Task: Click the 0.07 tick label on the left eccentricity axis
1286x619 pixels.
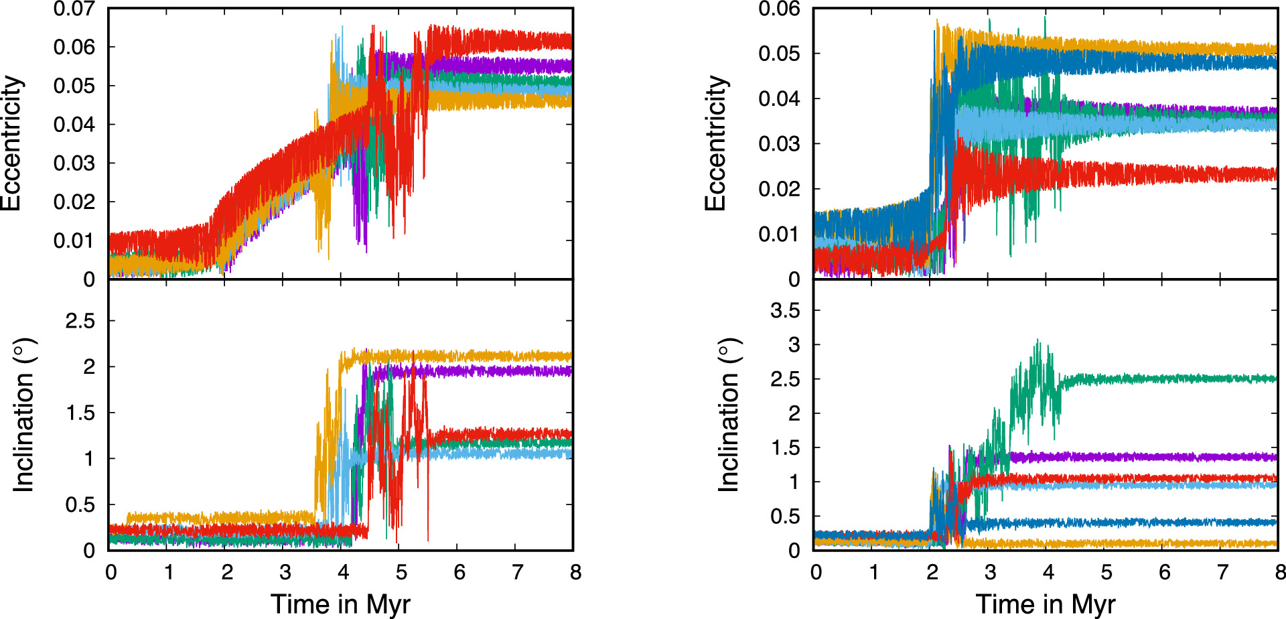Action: click(x=74, y=9)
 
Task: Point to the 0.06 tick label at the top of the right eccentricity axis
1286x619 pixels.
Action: click(x=779, y=9)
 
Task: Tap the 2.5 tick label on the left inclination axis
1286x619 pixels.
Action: click(x=80, y=321)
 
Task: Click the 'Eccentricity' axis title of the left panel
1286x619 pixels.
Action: click(x=11, y=143)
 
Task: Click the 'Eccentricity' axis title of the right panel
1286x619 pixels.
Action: click(x=716, y=143)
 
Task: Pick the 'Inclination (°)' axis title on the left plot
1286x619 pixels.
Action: click(x=23, y=415)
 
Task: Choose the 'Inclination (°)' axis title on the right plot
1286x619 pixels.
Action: click(x=728, y=415)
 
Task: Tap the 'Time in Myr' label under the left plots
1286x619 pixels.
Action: click(x=340, y=604)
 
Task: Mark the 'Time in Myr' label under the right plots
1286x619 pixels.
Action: click(x=1045, y=604)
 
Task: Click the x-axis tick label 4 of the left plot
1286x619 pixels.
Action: click(x=343, y=572)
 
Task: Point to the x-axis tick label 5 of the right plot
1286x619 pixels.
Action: click(x=1106, y=572)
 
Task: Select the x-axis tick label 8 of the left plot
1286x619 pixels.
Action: click(x=575, y=572)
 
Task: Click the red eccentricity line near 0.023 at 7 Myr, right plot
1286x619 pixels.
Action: click(x=1222, y=175)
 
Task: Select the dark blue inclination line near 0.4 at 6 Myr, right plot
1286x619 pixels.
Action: click(x=1164, y=522)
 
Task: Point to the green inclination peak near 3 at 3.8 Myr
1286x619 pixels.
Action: click(x=1038, y=343)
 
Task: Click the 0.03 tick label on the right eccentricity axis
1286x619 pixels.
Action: click(x=779, y=143)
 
